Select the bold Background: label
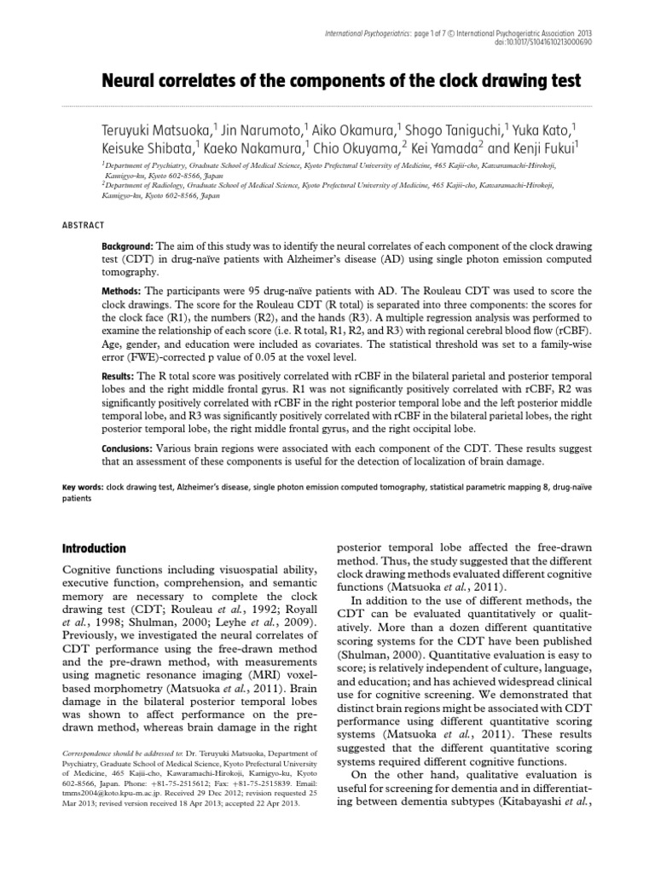coord(128,246)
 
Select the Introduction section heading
coord(95,548)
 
